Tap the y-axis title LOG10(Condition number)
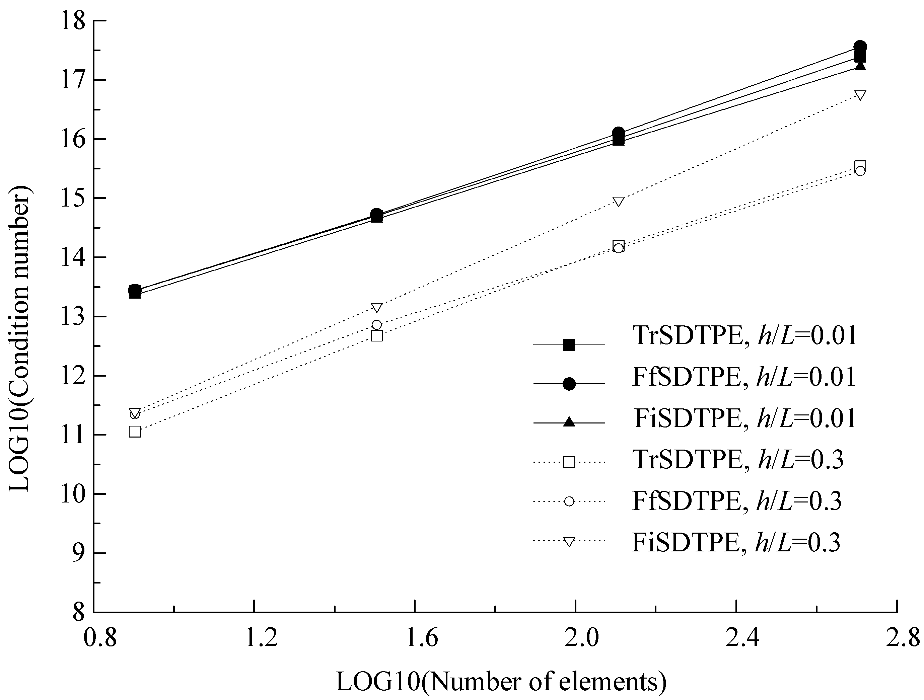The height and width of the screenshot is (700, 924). click(21, 338)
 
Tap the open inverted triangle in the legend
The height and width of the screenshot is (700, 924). click(569, 542)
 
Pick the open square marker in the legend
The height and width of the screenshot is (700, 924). click(569, 462)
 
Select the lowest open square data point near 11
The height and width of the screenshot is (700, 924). click(135, 432)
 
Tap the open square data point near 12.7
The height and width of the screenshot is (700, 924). click(377, 336)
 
